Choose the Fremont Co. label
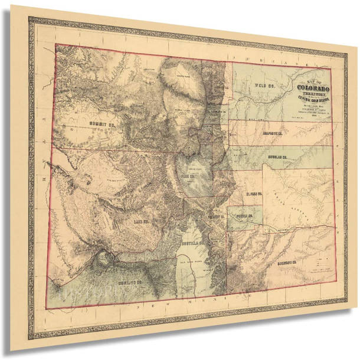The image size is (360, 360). coord(217,217)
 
